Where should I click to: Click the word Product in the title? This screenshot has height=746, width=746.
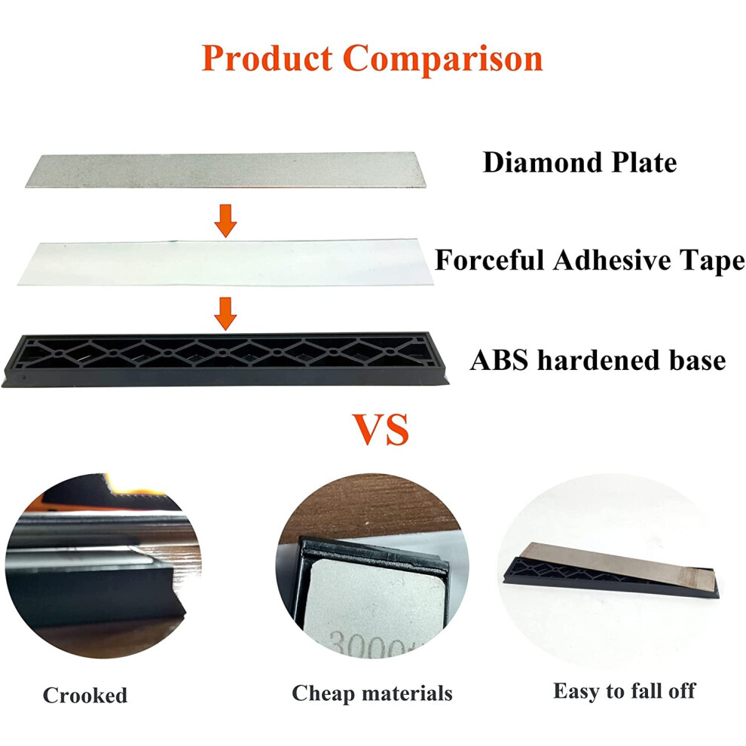tap(267, 59)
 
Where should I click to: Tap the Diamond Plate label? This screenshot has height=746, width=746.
tap(579, 163)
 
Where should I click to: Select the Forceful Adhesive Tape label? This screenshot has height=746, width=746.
tap(590, 261)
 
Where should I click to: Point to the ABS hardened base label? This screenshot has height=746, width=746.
tap(598, 360)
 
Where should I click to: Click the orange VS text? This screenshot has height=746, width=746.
tap(381, 430)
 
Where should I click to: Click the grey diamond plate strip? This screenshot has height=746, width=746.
tap(225, 170)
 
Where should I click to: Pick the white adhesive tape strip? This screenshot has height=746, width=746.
tap(225, 263)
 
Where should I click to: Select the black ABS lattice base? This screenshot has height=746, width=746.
tap(225, 359)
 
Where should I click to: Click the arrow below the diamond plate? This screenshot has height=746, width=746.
tap(225, 221)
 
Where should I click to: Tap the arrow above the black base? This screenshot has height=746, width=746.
tap(225, 313)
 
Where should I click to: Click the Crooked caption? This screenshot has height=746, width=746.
tap(85, 695)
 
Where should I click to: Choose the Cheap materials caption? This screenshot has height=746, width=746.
tap(372, 693)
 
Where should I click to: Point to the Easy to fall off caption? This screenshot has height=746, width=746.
tap(624, 691)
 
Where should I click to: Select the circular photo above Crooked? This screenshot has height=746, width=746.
tap(102, 566)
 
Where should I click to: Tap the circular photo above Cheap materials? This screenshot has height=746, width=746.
tap(372, 566)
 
